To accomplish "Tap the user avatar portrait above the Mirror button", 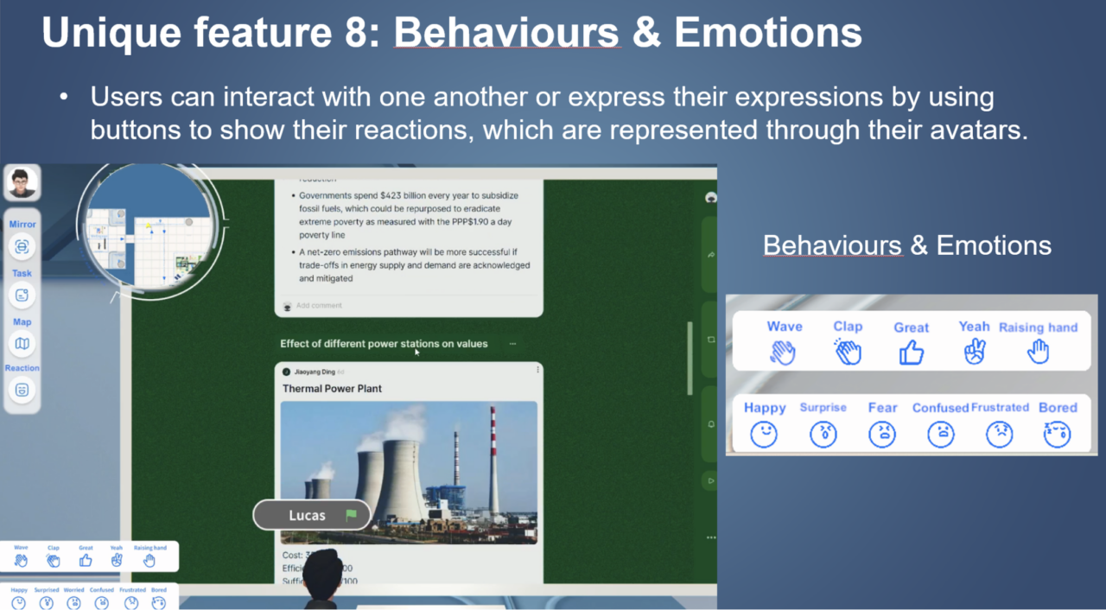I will coord(21,183).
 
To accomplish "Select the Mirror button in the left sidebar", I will coord(22,246).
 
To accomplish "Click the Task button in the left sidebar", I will coord(22,295).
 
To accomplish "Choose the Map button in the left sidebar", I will coord(22,343).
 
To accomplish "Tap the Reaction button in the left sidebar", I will coord(22,390).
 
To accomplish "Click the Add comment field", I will coord(319,306).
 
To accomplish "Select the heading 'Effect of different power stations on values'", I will coord(384,344).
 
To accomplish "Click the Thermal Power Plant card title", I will coord(332,389).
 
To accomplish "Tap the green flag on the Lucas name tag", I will coord(351,516).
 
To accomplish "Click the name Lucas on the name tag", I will coord(307,516).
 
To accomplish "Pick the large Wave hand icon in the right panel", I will coord(783,353).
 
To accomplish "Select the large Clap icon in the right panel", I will coord(848,353).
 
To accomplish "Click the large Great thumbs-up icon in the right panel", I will coord(911,353).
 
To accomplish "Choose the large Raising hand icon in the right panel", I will coord(1038,352).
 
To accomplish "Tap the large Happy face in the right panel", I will coord(764,434).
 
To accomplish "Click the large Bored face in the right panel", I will coord(1057,434).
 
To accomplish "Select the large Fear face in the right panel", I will coord(882,434).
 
